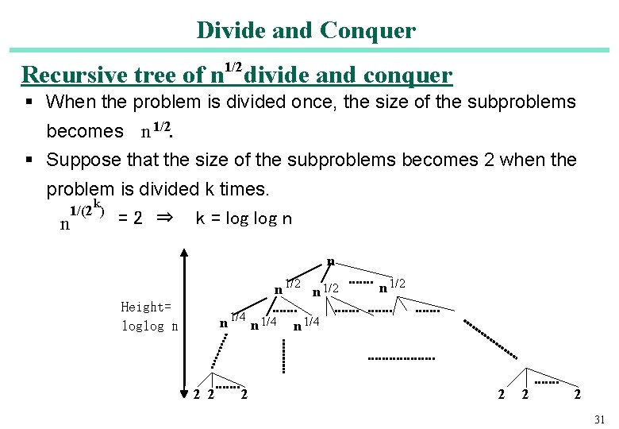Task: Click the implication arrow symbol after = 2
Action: click(164, 218)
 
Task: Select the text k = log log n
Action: click(244, 218)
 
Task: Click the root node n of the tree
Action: click(330, 262)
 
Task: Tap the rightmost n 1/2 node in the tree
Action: click(393, 285)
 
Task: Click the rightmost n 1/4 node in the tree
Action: click(306, 323)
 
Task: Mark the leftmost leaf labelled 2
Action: click(197, 395)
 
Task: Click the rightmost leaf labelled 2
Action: click(576, 395)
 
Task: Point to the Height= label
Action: click(145, 307)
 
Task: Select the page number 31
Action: click(599, 419)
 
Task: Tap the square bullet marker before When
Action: click(28, 102)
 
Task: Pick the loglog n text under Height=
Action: click(149, 326)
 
